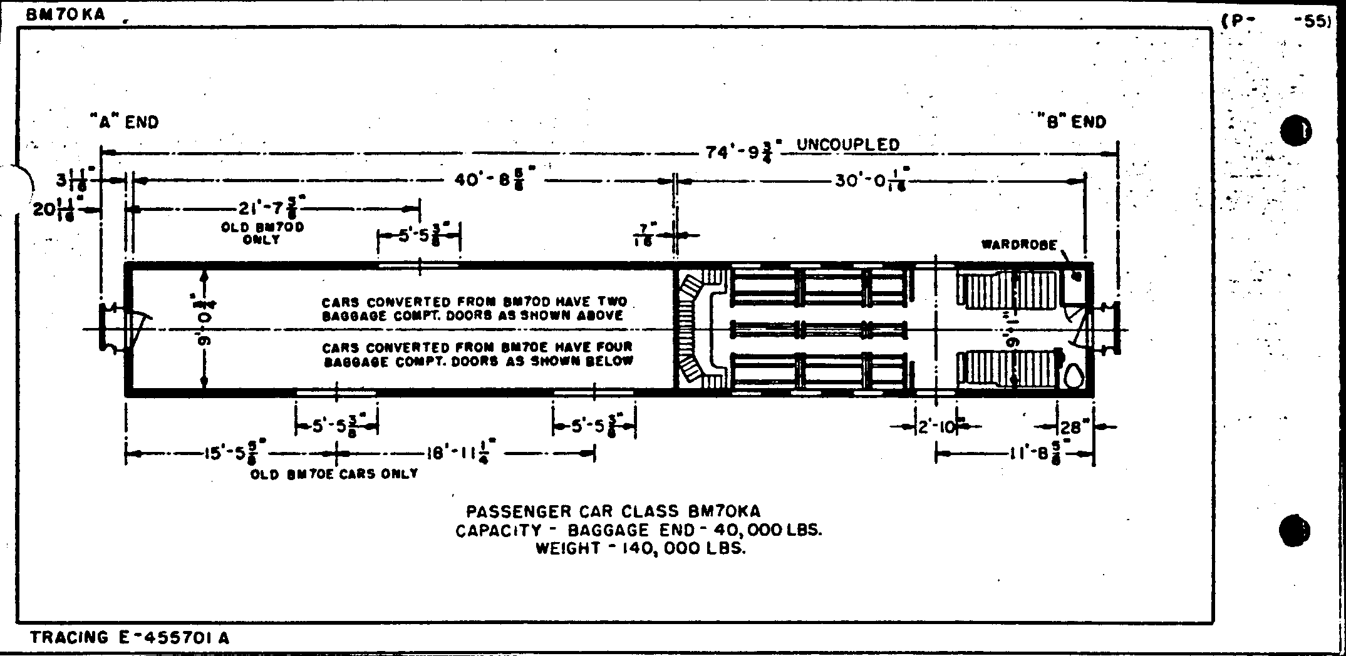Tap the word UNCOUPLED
pos(847,145)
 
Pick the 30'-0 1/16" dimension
pos(871,182)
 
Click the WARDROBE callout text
pos(1019,245)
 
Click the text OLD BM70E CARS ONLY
pos(334,474)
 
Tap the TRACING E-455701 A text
pos(130,638)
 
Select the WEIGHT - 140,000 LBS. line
pos(640,549)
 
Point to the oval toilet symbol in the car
pos(1075,376)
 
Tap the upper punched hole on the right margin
pos(1296,130)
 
